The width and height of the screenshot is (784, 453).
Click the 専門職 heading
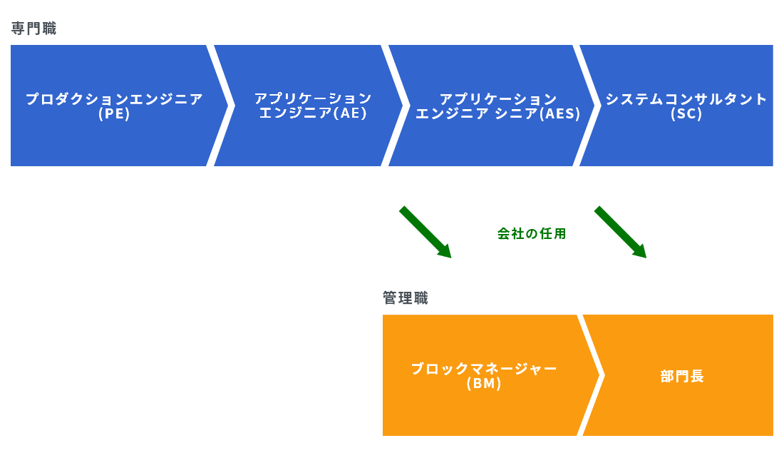click(33, 29)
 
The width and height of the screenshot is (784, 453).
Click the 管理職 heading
click(406, 298)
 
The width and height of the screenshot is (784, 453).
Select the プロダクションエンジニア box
click(115, 106)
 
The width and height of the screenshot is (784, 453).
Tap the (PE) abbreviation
click(114, 114)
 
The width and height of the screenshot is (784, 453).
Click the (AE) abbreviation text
click(351, 113)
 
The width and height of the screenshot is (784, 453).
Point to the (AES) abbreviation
click(560, 114)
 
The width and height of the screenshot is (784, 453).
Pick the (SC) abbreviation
click(686, 114)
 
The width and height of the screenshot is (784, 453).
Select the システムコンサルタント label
click(686, 99)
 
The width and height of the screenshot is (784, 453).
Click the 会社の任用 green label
click(532, 234)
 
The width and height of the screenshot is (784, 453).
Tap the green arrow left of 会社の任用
click(425, 232)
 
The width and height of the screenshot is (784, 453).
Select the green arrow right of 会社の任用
click(621, 232)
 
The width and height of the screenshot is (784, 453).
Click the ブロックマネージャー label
click(483, 369)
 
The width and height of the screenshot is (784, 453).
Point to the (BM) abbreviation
click(483, 384)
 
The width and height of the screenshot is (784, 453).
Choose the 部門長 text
click(682, 377)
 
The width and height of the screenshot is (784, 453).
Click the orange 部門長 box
click(679, 375)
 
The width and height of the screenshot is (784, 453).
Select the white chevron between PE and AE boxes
click(220, 106)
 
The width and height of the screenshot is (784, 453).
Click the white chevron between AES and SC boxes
click(587, 106)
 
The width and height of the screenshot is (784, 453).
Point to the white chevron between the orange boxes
click(591, 375)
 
